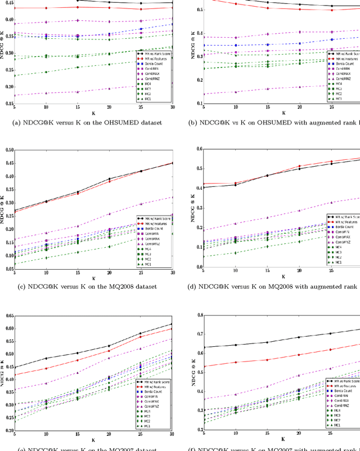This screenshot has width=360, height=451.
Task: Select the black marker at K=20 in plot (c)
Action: pos(109,179)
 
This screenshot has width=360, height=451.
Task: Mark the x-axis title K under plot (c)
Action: pos(93,278)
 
